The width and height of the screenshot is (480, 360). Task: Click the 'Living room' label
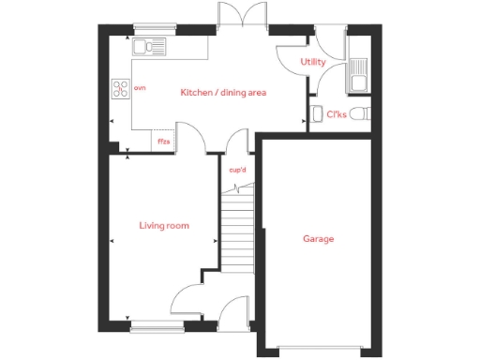tap(164, 225)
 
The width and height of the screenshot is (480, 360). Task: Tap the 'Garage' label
tap(318, 239)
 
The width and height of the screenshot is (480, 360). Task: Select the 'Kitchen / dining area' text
tap(224, 92)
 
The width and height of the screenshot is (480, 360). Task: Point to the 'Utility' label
tap(313, 62)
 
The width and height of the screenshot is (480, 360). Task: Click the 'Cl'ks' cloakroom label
tap(336, 114)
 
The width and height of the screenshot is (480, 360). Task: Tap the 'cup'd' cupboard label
tap(237, 170)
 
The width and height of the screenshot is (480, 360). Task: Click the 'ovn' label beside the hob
tap(141, 87)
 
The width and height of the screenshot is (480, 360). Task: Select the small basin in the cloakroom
tap(315, 116)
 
